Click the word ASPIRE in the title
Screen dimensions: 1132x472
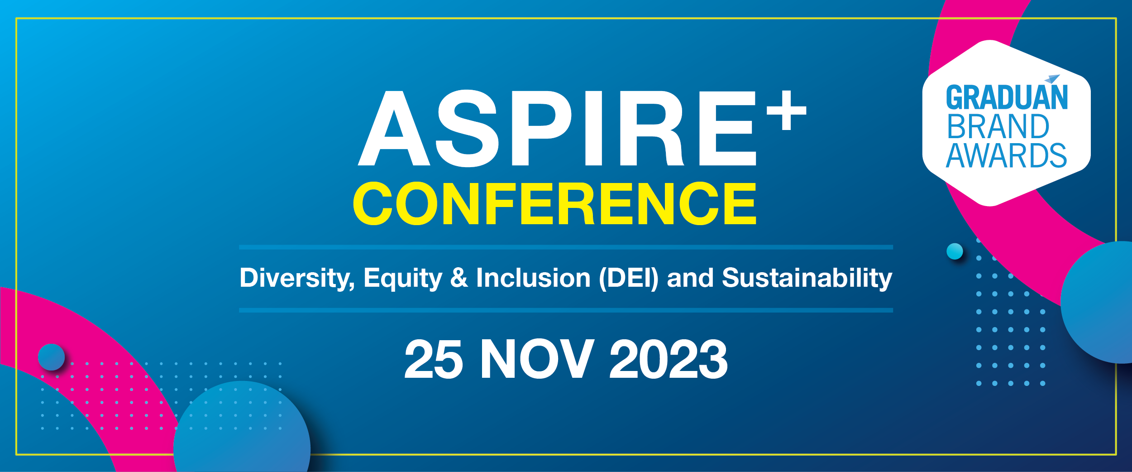point(557,128)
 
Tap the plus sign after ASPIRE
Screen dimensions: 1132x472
point(786,110)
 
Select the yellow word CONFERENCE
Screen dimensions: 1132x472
point(554,203)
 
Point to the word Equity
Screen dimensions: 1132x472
point(402,278)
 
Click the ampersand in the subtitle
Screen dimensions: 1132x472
point(459,277)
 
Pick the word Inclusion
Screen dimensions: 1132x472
point(533,277)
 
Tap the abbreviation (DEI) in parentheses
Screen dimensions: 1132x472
point(629,278)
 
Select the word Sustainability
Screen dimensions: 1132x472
point(807,278)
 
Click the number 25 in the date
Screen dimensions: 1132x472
point(434,359)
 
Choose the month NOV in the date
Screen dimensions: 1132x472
point(537,359)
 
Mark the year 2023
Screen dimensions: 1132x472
point(669,359)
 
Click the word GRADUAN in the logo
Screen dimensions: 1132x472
point(1007,97)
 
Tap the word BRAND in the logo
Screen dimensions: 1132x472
point(998,126)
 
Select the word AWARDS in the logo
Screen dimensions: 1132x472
point(1006,155)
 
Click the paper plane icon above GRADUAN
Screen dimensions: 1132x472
point(1053,79)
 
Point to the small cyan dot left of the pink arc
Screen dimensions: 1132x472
point(955,251)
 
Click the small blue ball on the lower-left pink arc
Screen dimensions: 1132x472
point(51,357)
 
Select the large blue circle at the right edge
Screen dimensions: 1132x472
point(1096,302)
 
